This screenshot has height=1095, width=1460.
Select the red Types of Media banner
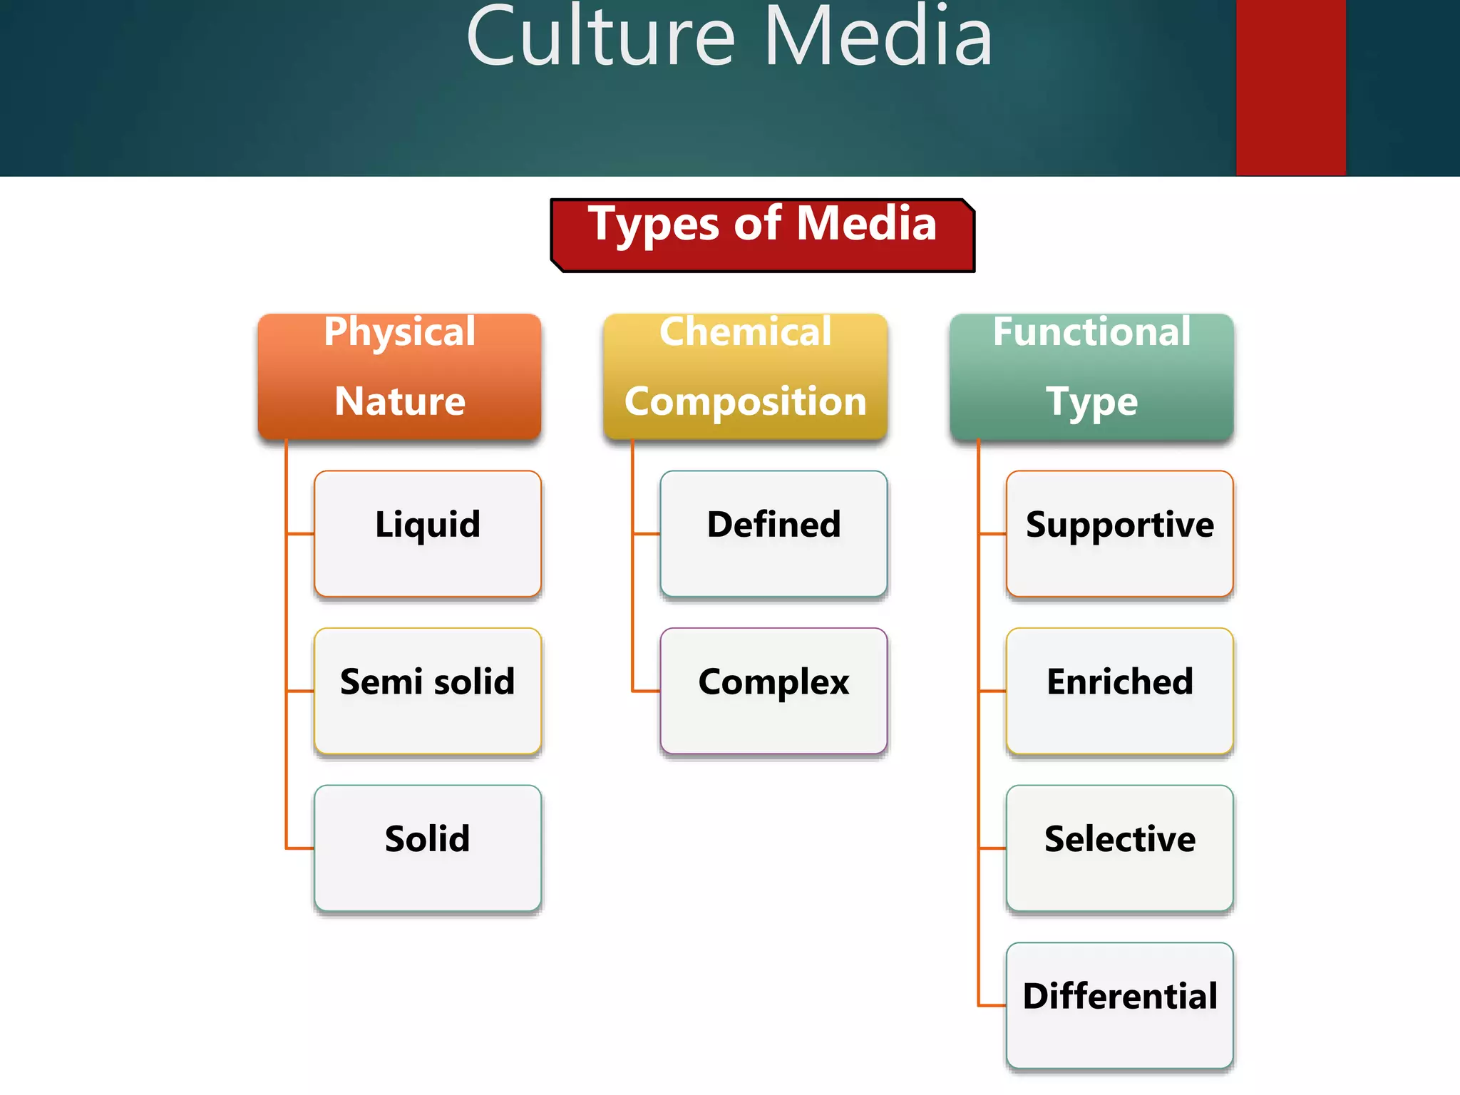pos(762,235)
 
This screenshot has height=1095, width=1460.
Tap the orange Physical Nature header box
pos(399,376)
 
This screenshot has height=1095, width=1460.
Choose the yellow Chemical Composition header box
pos(745,376)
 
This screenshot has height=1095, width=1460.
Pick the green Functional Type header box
pos(1091,376)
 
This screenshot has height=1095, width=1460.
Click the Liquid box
pos(428,533)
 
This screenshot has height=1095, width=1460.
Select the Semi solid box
pos(428,690)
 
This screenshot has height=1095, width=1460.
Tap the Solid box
pos(428,848)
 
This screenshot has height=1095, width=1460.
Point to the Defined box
pos(773,533)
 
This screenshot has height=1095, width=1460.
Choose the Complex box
pos(773,690)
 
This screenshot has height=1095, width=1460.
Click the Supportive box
pos(1119,533)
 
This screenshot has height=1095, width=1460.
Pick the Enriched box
pos(1119,690)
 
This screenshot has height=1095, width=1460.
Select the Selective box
pos(1119,848)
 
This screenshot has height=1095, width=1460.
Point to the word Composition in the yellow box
pos(745,401)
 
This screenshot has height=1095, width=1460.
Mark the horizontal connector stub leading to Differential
pos(992,1005)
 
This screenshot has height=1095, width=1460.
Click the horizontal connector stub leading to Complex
pos(647,691)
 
